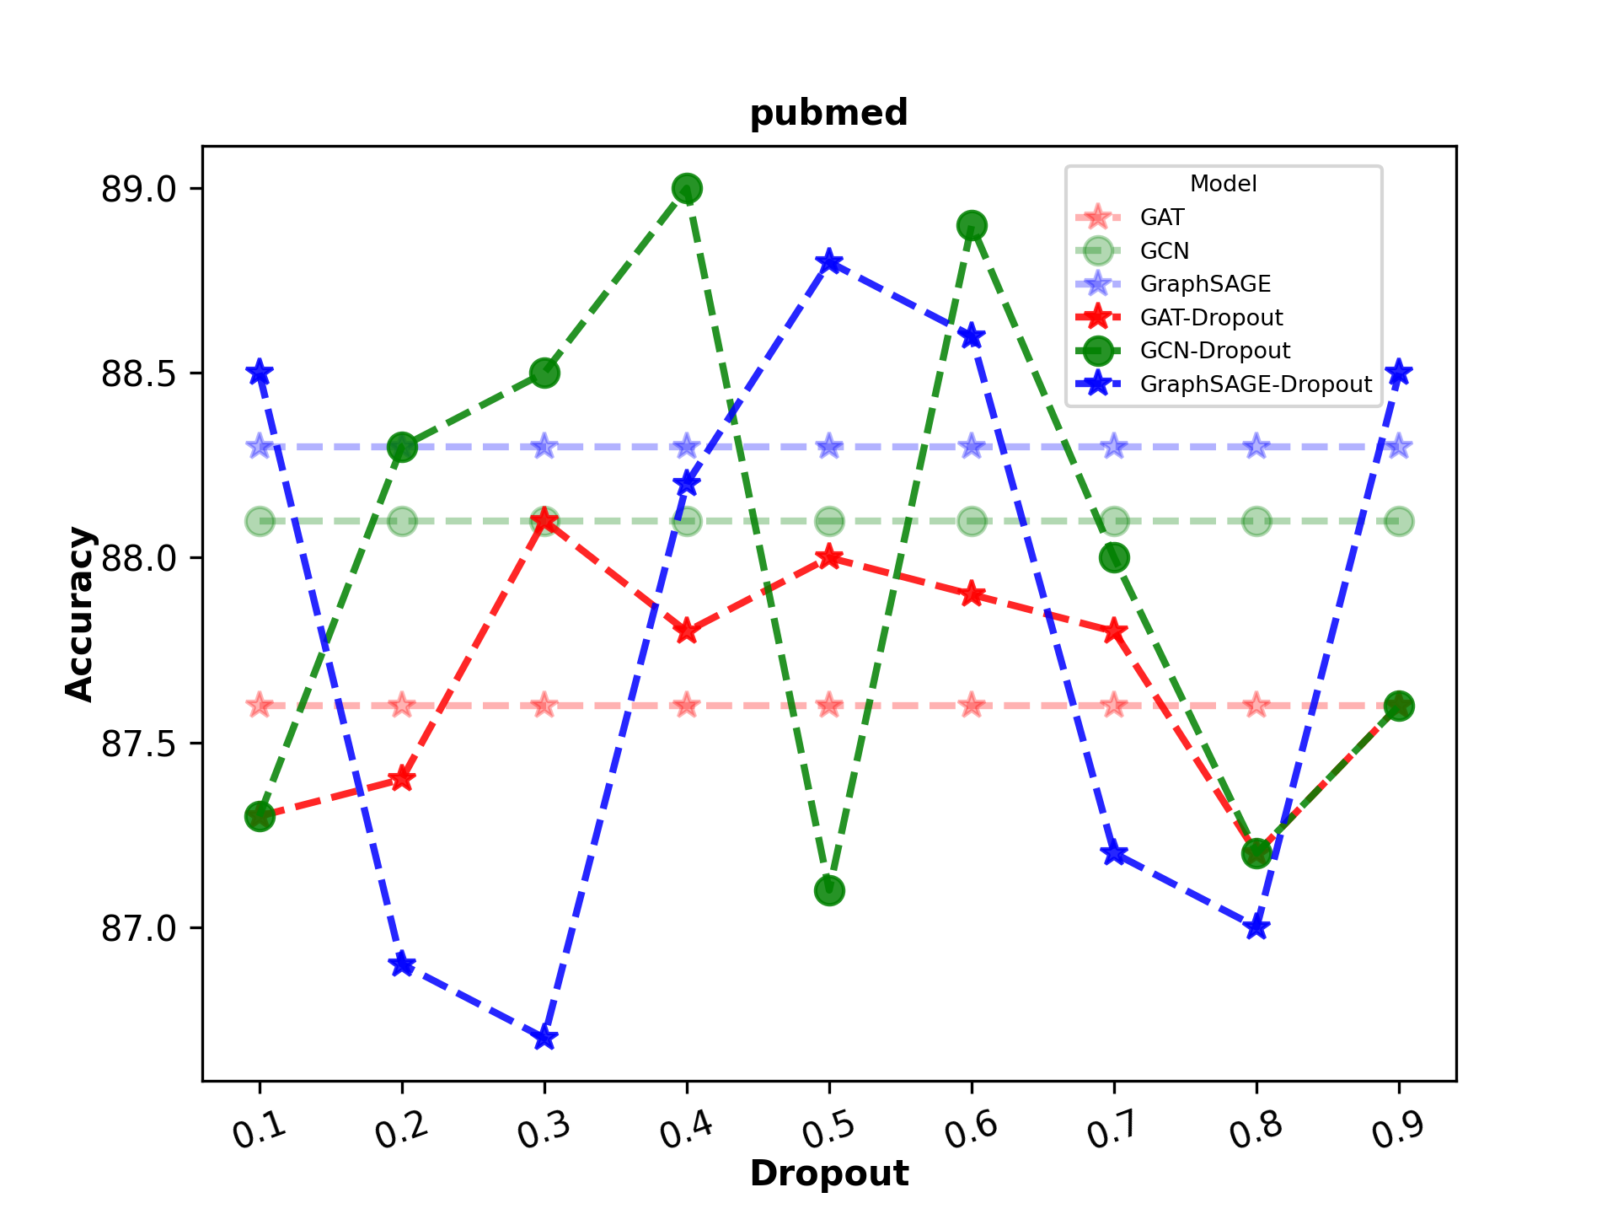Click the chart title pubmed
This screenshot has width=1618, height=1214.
click(828, 113)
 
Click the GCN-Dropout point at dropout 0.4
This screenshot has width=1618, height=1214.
click(687, 189)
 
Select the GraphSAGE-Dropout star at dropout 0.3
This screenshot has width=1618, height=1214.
click(544, 1038)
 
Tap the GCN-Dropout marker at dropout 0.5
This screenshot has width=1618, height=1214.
click(829, 891)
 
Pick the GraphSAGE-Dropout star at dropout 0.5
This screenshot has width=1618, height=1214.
click(829, 261)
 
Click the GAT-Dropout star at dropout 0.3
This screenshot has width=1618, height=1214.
click(544, 520)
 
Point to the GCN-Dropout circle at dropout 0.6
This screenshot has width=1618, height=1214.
click(972, 225)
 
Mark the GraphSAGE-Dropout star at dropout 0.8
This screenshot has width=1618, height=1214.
click(1256, 927)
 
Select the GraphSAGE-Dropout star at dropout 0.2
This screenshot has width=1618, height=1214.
click(402, 964)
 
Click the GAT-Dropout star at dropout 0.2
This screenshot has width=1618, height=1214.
click(402, 779)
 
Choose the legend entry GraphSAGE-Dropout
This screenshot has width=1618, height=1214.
click(1255, 384)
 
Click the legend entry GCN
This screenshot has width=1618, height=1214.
click(1164, 251)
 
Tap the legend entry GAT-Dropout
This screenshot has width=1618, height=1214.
click(1210, 318)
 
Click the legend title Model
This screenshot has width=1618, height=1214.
click(1223, 184)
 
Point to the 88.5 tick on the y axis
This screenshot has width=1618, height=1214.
click(139, 373)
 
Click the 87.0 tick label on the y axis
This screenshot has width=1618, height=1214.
click(139, 928)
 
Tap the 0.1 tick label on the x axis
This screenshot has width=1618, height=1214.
click(260, 1130)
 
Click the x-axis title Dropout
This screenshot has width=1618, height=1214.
click(828, 1174)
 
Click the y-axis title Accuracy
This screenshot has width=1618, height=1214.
click(80, 614)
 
